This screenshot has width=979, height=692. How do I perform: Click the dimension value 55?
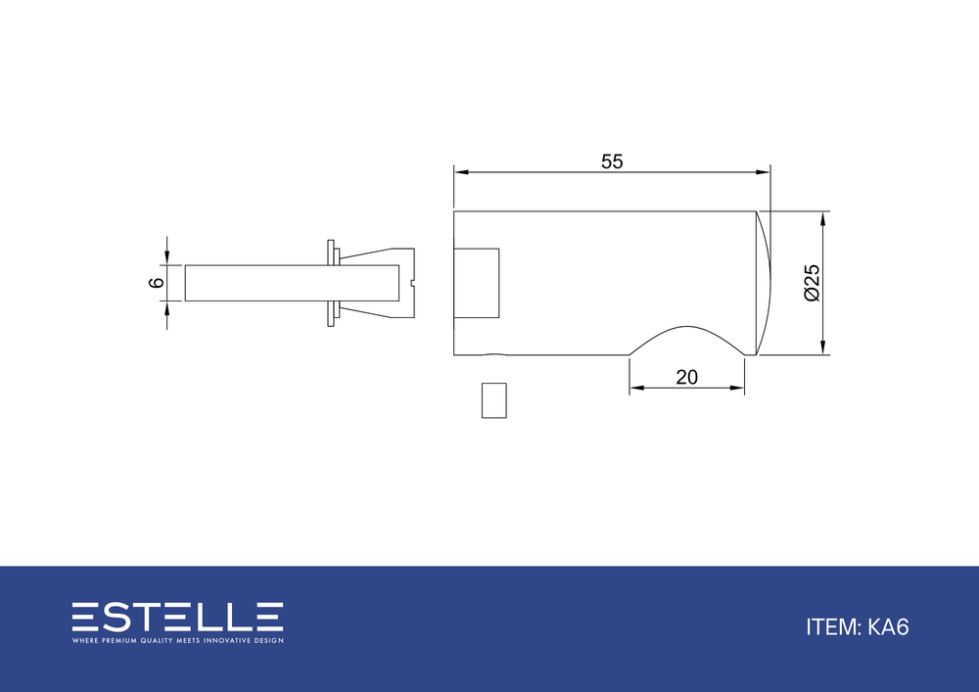(x=612, y=161)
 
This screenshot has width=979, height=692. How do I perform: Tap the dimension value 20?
(x=687, y=378)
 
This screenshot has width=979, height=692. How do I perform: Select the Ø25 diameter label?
(x=812, y=283)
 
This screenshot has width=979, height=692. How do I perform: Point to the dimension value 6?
(x=156, y=283)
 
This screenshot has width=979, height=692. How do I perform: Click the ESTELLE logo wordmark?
(x=177, y=617)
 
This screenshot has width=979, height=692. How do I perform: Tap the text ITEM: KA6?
(x=858, y=627)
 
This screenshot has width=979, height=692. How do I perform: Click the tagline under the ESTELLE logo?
(x=177, y=640)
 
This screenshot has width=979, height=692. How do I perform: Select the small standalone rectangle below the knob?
(x=493, y=400)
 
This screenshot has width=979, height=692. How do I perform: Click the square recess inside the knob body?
(x=477, y=283)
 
